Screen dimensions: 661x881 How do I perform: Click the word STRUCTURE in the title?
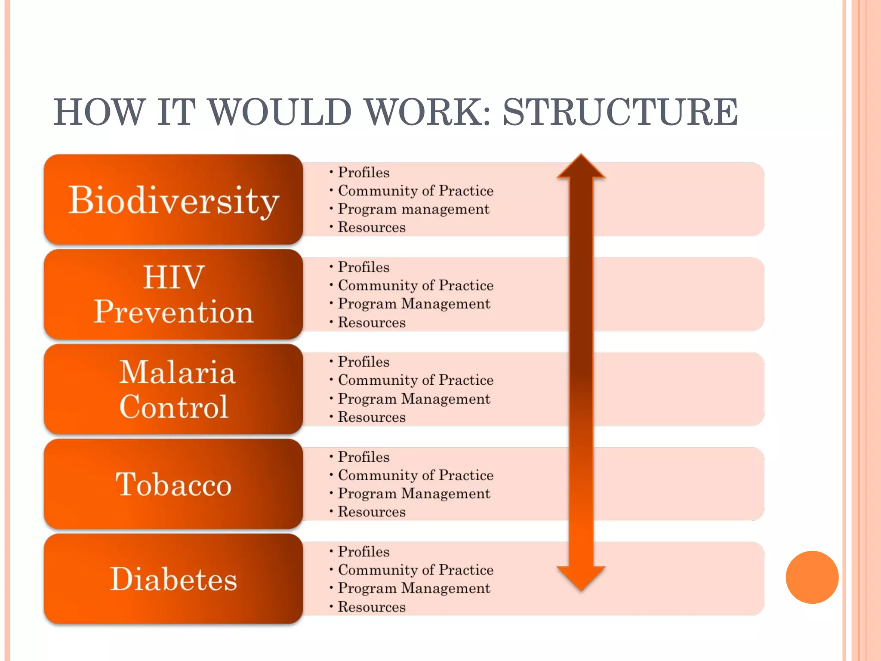coord(620,112)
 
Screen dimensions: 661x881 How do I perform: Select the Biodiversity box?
coord(173,200)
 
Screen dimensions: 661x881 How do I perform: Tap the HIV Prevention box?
coord(173,294)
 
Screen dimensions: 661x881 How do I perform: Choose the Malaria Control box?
coord(173,389)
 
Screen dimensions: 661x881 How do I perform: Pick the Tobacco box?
coord(173,484)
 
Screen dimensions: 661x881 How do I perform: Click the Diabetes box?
coord(173,579)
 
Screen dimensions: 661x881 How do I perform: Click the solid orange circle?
coord(812,577)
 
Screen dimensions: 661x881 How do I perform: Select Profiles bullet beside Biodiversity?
coord(363,172)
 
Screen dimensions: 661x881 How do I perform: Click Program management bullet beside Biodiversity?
coord(413,209)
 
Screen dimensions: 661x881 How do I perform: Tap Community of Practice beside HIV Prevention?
coord(416,285)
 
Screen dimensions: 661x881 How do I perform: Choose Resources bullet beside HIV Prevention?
coord(371,322)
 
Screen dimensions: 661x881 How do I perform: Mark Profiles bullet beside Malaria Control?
coord(363,361)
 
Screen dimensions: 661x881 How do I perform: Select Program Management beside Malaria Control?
coord(414,398)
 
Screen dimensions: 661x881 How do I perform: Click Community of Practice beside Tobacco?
coord(416,475)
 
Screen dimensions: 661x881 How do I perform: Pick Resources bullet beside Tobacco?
coord(371,512)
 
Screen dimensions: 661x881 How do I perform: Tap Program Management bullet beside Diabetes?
coord(414,588)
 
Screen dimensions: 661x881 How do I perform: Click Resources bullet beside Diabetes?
coord(371,607)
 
